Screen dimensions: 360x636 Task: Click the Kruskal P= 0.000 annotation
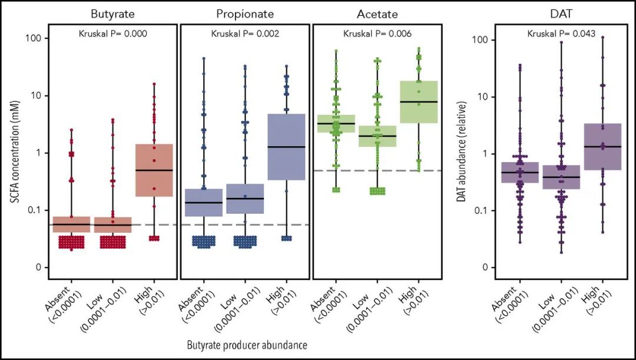(x=112, y=34)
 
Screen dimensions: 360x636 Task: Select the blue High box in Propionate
(x=286, y=147)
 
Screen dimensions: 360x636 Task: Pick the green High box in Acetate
(x=419, y=101)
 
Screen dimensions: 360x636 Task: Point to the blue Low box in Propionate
(x=245, y=199)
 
